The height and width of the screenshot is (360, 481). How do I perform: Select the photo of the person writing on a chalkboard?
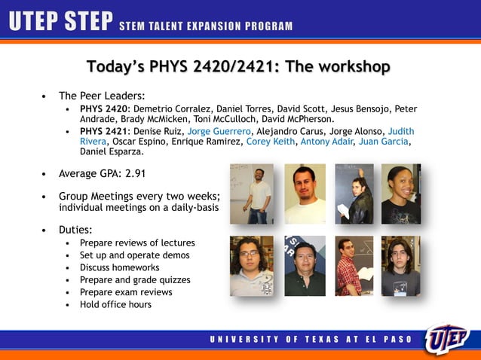click(354, 194)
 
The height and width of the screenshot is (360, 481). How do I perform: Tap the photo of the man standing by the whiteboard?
click(253, 194)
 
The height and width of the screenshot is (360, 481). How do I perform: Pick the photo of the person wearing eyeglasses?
click(251, 265)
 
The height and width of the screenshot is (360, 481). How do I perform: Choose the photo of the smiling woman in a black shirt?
click(400, 194)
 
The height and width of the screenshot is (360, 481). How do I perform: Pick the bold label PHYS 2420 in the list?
click(103, 108)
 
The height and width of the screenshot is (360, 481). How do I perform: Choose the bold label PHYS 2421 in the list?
click(103, 130)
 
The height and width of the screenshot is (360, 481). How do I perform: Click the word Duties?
click(76, 228)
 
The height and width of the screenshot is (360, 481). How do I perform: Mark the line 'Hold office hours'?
click(115, 304)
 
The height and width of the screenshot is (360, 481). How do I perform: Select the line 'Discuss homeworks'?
click(119, 267)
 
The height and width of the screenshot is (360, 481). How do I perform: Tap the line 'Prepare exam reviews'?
click(126, 292)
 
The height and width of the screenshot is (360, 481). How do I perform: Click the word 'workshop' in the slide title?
click(349, 67)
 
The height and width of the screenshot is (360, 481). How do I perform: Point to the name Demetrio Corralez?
click(172, 108)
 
